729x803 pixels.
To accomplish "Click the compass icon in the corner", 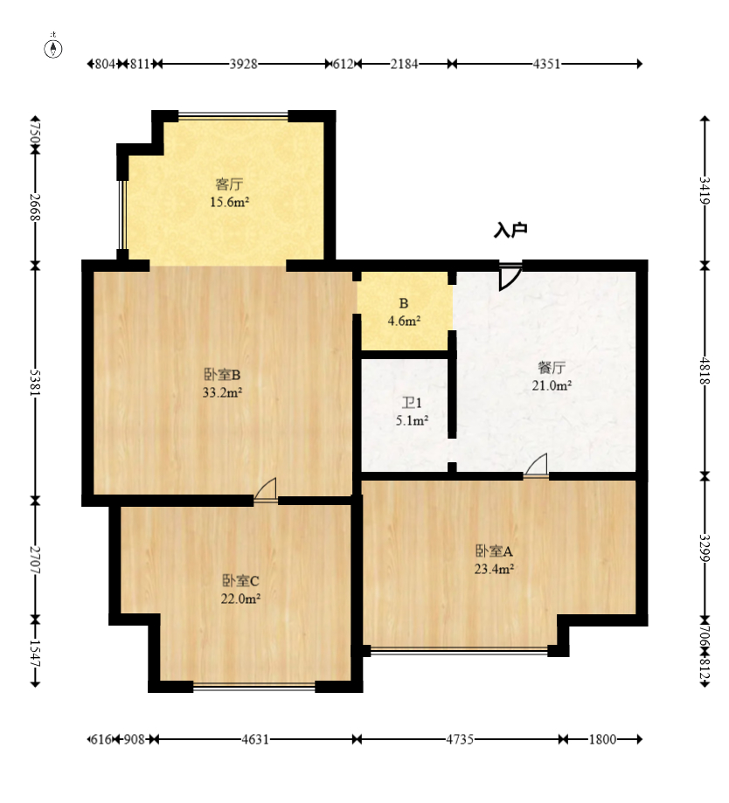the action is [53, 48].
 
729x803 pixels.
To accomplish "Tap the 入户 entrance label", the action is [510, 230].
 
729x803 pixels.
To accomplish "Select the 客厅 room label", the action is [229, 183].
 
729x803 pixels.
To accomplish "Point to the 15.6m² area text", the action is [230, 202].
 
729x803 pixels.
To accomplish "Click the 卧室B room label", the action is [222, 375].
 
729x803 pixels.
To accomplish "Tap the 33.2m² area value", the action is [222, 393].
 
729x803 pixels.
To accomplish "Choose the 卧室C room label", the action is [240, 581].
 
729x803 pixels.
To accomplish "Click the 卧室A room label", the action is [495, 551].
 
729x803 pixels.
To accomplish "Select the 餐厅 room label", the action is [552, 367].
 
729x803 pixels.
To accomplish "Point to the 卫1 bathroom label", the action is [412, 403].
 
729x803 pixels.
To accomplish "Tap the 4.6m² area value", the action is [404, 321].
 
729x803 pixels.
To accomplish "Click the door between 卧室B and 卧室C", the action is [266, 490].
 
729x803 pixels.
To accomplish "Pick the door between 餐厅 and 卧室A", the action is [536, 466].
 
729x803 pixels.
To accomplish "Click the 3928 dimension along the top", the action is [243, 64].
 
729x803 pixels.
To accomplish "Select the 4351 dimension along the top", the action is [546, 64].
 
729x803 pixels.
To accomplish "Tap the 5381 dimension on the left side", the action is [35, 382].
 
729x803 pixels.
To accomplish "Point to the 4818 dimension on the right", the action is [705, 370].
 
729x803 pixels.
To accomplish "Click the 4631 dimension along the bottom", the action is [255, 739].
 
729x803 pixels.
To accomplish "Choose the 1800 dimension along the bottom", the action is [602, 739].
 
